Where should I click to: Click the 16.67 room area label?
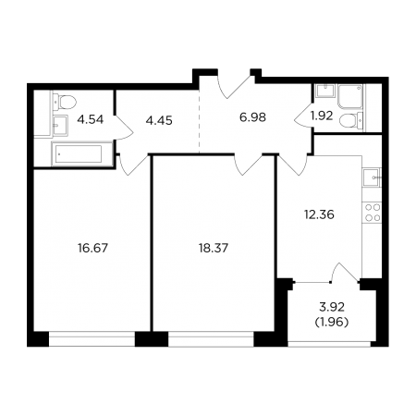click(92, 248)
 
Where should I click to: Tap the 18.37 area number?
click(214, 248)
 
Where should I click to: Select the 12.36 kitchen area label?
click(319, 214)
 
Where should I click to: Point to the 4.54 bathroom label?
click(90, 119)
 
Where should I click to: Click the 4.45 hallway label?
click(159, 120)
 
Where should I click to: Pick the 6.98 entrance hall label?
click(252, 117)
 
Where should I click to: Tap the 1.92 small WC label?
click(322, 116)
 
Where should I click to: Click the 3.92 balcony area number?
click(332, 307)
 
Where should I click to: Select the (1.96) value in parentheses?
click(332, 323)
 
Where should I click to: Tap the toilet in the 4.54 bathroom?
click(64, 102)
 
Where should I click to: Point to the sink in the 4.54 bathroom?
click(60, 126)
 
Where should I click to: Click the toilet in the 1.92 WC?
click(351, 120)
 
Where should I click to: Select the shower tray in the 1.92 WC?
click(350, 96)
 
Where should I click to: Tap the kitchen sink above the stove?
click(373, 177)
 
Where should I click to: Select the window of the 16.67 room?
click(92, 339)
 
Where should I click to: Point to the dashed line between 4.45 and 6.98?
click(199, 121)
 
